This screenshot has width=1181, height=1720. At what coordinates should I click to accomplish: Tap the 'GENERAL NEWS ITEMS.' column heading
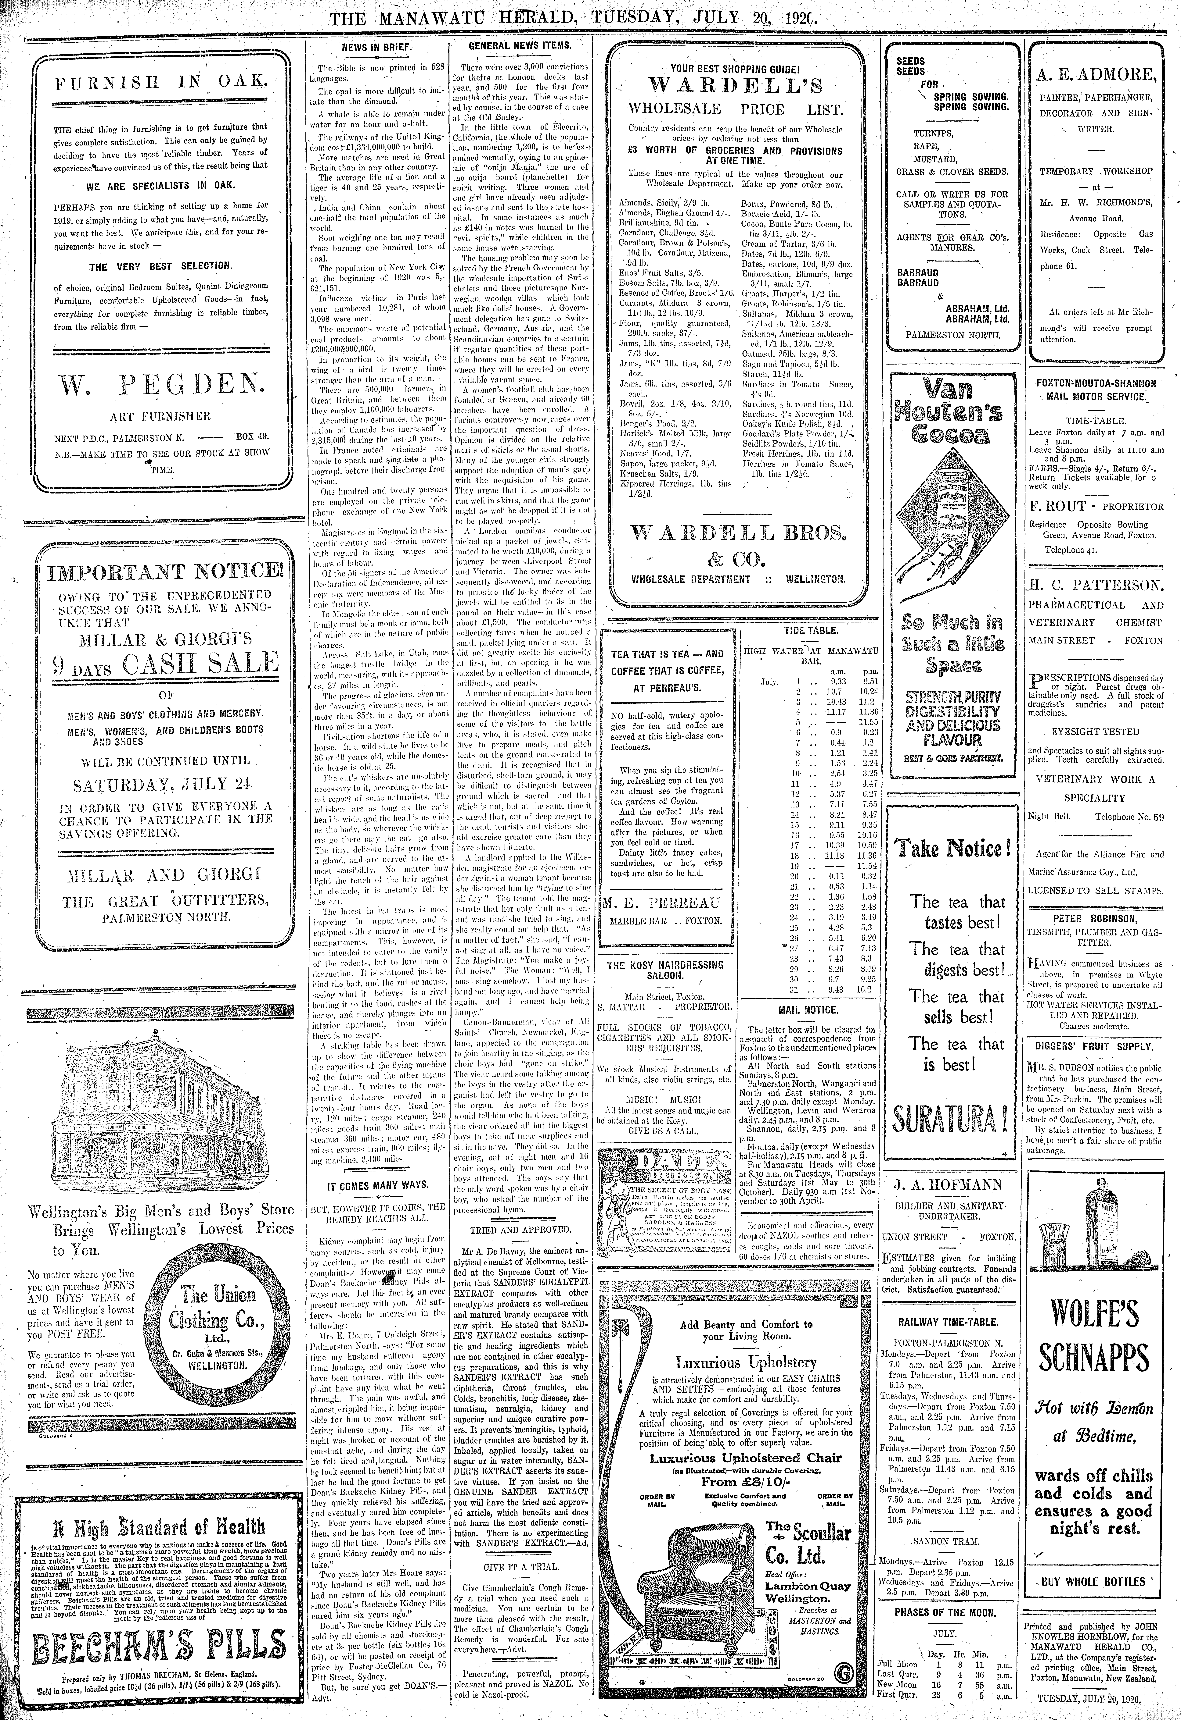[520, 45]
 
